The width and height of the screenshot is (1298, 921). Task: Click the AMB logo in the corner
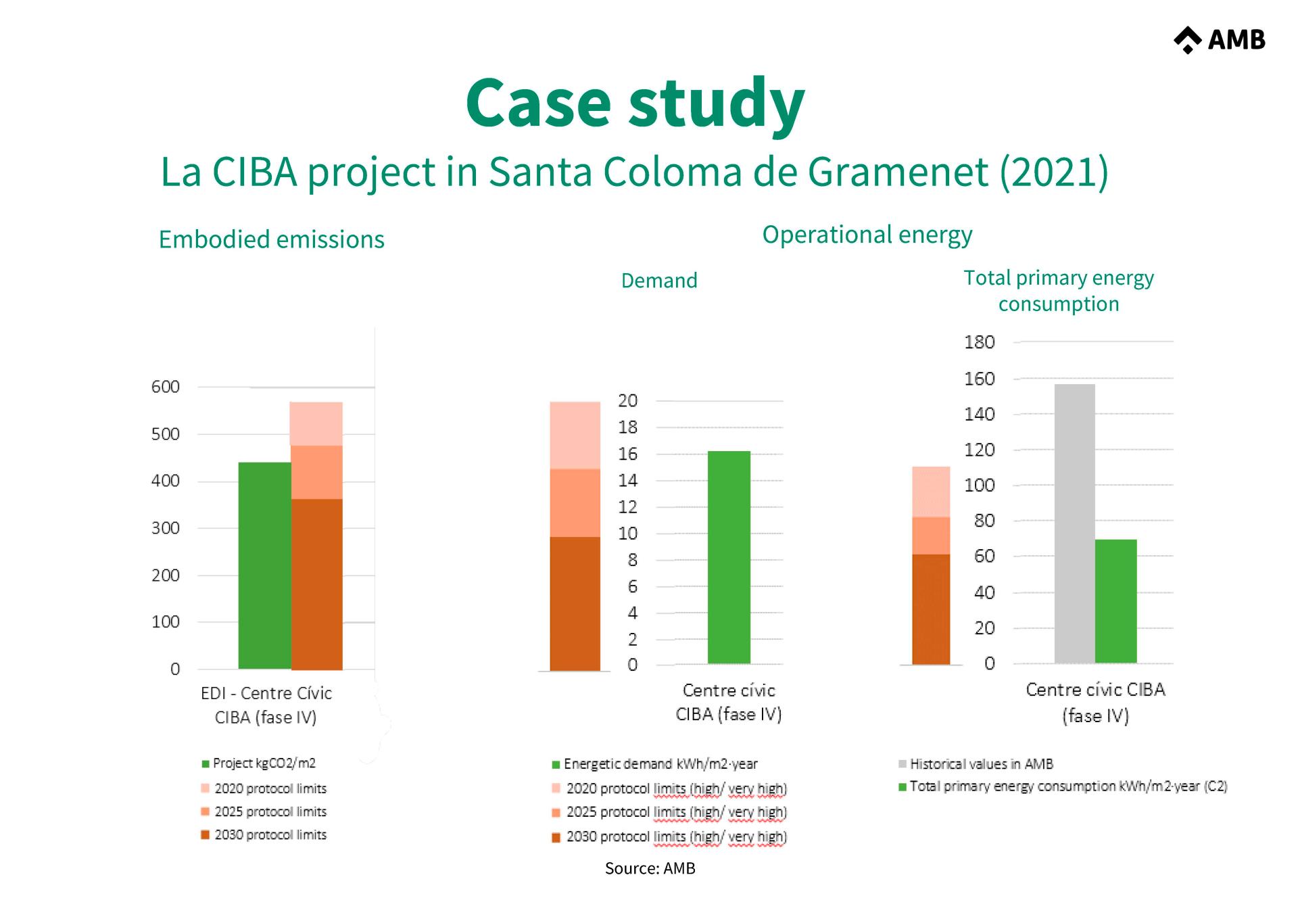1220,40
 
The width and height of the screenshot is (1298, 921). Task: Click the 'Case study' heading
635,103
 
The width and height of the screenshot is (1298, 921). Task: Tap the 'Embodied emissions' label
271,239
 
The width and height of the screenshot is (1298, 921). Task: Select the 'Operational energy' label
867,235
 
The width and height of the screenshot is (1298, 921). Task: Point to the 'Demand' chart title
659,281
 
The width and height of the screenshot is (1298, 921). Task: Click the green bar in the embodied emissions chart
264,565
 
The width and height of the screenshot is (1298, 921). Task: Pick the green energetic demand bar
729,557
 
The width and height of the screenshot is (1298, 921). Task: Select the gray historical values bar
1074,523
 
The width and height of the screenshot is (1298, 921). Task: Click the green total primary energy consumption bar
1115,601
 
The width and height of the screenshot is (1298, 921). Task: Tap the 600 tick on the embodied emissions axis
166,387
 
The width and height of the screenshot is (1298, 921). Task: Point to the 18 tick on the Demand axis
628,427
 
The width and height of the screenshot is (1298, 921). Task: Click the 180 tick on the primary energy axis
980,342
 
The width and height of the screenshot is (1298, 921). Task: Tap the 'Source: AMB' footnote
650,868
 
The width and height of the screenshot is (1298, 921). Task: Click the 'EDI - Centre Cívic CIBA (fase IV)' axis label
266,705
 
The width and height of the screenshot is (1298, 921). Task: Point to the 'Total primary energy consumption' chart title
1059,291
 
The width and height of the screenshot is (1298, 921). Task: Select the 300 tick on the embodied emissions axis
166,528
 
